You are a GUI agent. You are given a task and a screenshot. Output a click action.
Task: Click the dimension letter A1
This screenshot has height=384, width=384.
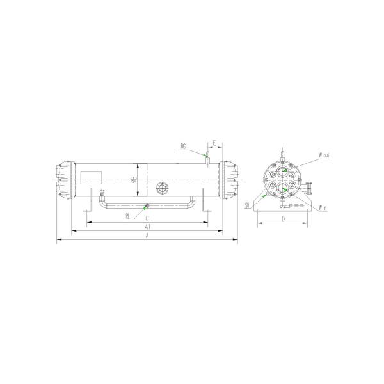(147, 227)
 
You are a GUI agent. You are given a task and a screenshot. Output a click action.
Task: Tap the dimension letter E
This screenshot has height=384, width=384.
(215, 141)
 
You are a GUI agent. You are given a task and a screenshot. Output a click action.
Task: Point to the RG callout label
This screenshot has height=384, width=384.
(183, 147)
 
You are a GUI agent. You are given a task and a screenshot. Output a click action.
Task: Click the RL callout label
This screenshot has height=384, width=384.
(128, 216)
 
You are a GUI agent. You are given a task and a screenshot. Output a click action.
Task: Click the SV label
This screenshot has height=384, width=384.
(246, 205)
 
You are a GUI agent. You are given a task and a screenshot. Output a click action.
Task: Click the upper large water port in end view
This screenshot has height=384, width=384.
(282, 172)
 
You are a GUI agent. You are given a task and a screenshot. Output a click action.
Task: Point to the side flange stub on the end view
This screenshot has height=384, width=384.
(310, 189)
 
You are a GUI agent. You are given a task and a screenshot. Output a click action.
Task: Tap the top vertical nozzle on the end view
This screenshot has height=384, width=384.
(282, 156)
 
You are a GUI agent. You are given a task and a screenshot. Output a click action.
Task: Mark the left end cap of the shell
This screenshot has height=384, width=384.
(64, 180)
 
